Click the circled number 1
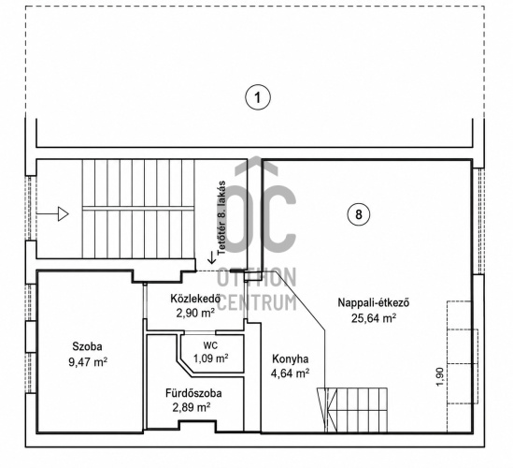coord(258,97)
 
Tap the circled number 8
coord(359,214)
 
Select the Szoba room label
coord(87,346)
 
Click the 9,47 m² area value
coord(88,362)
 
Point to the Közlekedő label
coord(195,299)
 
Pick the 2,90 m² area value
coord(195,314)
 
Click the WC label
coord(210,345)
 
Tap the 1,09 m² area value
coord(210,358)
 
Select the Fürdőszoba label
coord(193,393)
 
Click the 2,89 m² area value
coord(192,407)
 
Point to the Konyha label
coord(291,358)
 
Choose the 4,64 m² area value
coord(291,373)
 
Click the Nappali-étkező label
coord(373,302)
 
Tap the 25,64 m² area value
coord(374,318)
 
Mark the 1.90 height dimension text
coord(440,376)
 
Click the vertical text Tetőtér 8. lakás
coord(221,218)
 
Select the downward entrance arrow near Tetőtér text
coord(212,257)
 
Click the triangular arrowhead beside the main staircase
coord(64,214)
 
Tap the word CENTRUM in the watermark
coord(256,303)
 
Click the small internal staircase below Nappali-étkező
coord(352,410)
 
